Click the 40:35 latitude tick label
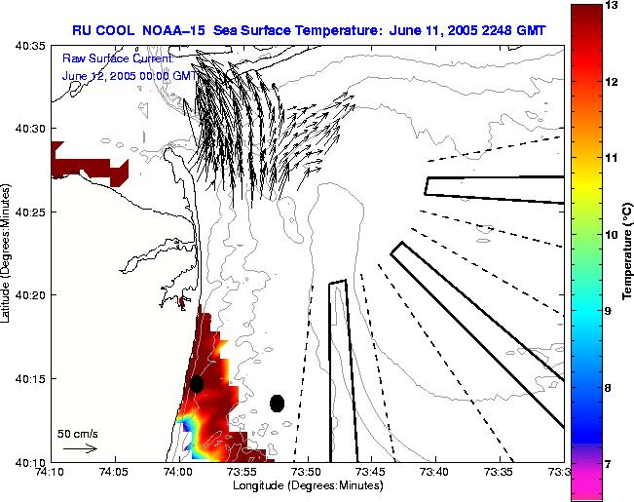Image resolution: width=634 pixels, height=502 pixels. click(x=32, y=45)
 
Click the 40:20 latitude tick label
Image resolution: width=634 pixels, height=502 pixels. click(x=32, y=294)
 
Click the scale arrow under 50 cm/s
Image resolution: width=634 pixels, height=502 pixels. click(x=80, y=448)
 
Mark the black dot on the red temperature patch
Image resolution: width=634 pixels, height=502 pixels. click(x=197, y=384)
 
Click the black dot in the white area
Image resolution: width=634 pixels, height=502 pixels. click(x=277, y=403)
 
